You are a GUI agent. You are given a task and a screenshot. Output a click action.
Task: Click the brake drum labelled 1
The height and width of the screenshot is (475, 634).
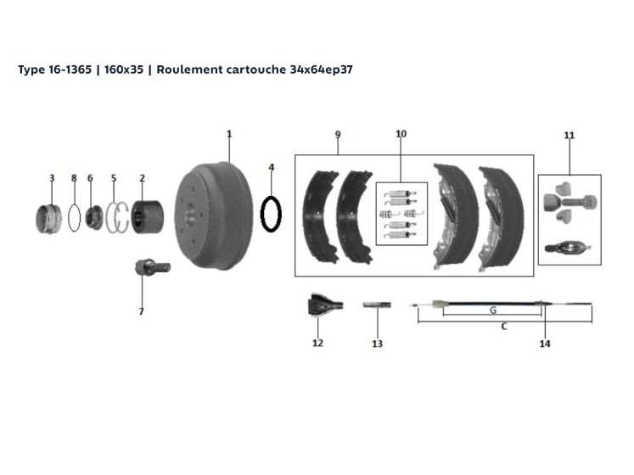213,215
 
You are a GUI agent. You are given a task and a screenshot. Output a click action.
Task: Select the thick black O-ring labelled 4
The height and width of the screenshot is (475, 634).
271,215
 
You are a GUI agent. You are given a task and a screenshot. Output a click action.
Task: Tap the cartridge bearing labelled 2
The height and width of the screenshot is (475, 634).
148,217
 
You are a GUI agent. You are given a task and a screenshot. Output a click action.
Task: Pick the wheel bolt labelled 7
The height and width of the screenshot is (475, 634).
153,267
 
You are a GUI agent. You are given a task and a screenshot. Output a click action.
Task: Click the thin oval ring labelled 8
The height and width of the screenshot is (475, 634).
74,218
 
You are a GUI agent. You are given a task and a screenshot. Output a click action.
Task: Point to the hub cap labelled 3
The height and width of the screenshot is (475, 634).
48,219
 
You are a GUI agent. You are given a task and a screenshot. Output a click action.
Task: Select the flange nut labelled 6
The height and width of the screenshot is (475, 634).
94,218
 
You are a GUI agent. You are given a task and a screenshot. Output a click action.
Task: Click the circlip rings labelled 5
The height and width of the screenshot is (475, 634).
117,218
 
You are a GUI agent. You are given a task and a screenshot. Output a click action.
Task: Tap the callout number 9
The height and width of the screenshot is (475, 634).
338,135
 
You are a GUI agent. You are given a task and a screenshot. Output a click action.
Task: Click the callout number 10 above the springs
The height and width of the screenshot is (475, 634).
401,134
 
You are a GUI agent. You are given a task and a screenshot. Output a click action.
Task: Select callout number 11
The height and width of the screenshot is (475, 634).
569,136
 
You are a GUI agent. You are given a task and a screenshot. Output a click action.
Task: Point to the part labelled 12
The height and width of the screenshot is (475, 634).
325,305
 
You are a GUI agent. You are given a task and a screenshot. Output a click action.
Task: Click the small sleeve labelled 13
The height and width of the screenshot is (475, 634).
377,305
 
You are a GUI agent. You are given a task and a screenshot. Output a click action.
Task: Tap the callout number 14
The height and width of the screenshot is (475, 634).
545,344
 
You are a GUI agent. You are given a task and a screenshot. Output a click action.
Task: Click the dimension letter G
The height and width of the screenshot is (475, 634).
493,310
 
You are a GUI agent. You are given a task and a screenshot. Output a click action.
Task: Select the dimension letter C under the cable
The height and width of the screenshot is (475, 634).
504,327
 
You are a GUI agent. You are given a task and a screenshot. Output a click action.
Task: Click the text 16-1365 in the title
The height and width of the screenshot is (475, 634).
70,70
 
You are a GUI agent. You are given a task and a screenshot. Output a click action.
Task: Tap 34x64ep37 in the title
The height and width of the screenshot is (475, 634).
321,70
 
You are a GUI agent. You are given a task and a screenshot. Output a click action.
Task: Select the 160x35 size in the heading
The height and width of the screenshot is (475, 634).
124,70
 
